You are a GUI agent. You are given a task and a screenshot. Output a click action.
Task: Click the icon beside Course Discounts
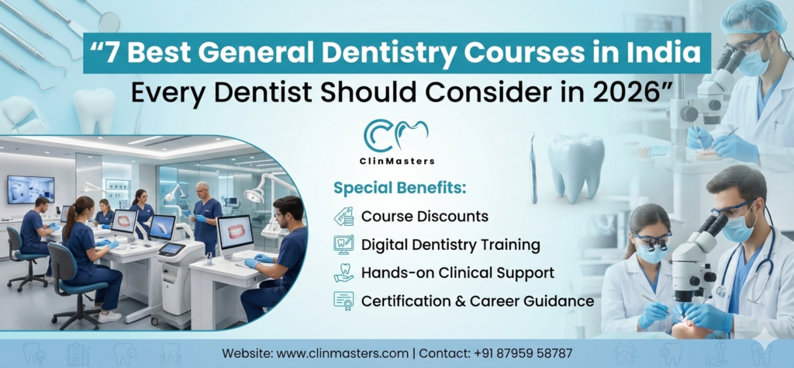pos(344,216)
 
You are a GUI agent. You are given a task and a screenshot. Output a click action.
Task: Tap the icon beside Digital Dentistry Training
pos(344,245)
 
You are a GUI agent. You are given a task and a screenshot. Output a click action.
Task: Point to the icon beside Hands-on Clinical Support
pos(344,273)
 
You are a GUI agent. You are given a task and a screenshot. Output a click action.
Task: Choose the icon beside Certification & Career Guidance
pos(344,300)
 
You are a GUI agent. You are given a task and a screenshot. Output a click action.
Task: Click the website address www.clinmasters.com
pos(342,353)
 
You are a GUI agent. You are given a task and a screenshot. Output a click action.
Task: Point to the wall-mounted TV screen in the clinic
pos(30,189)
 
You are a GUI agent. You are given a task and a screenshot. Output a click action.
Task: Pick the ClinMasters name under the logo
pos(399,161)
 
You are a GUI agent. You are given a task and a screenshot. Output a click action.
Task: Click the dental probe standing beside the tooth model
pos(532,167)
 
